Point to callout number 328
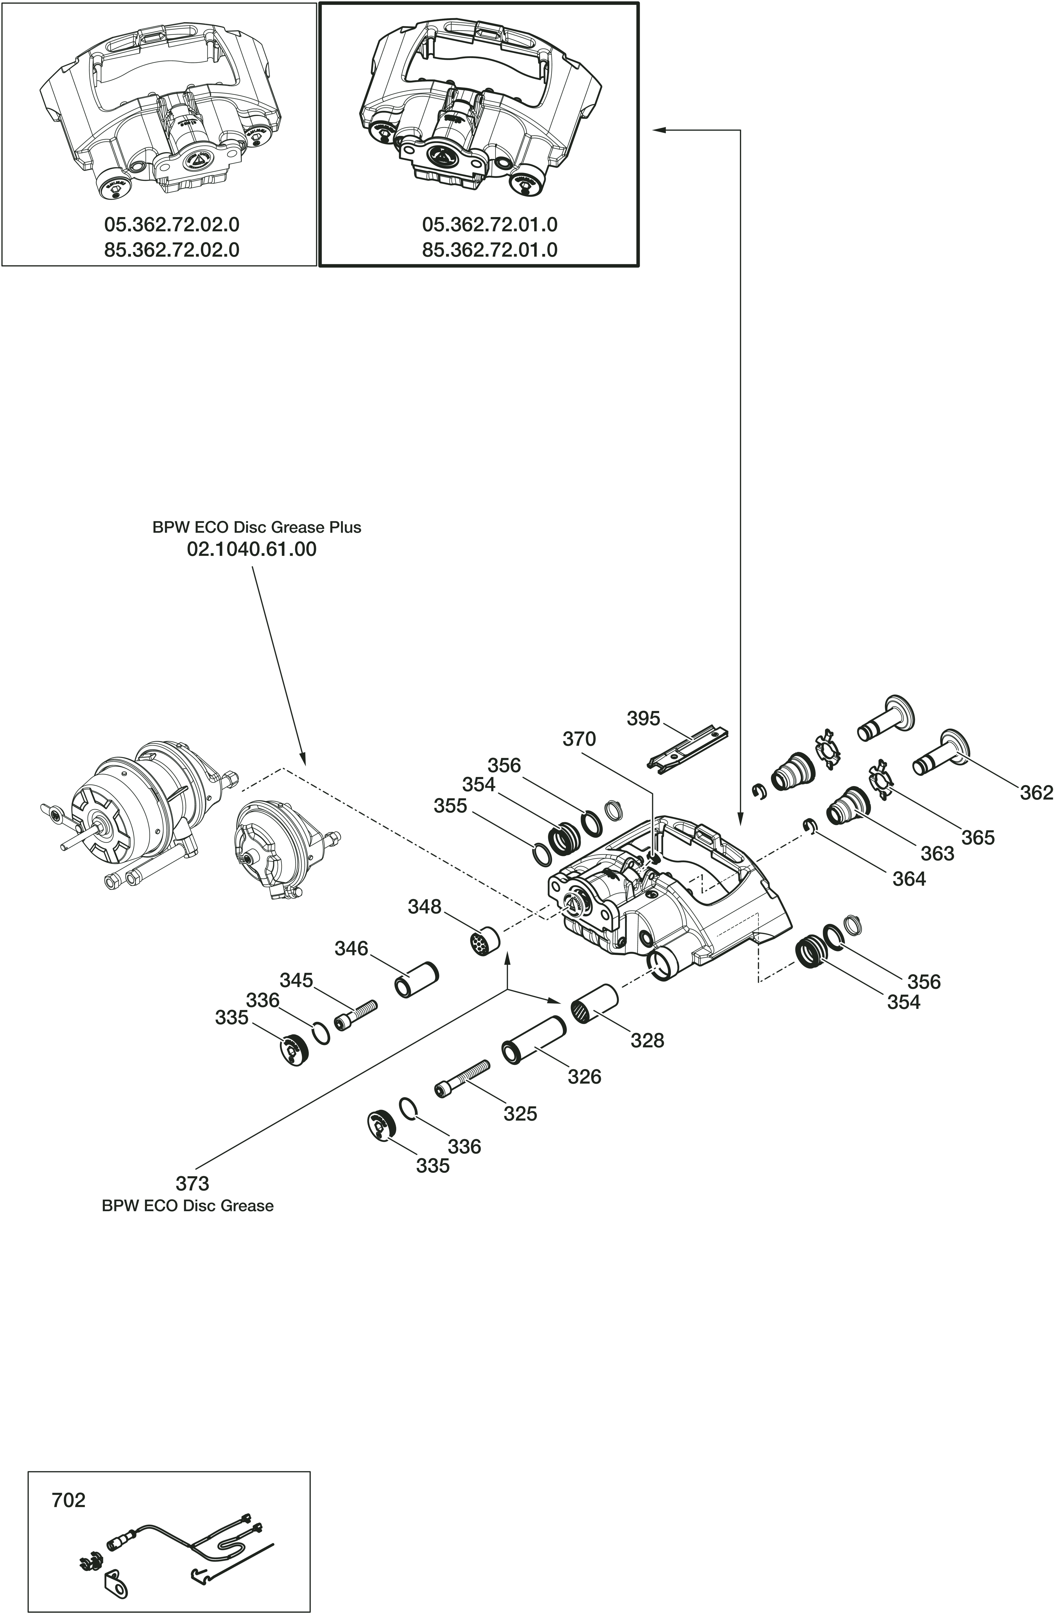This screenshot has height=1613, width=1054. point(647,1040)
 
